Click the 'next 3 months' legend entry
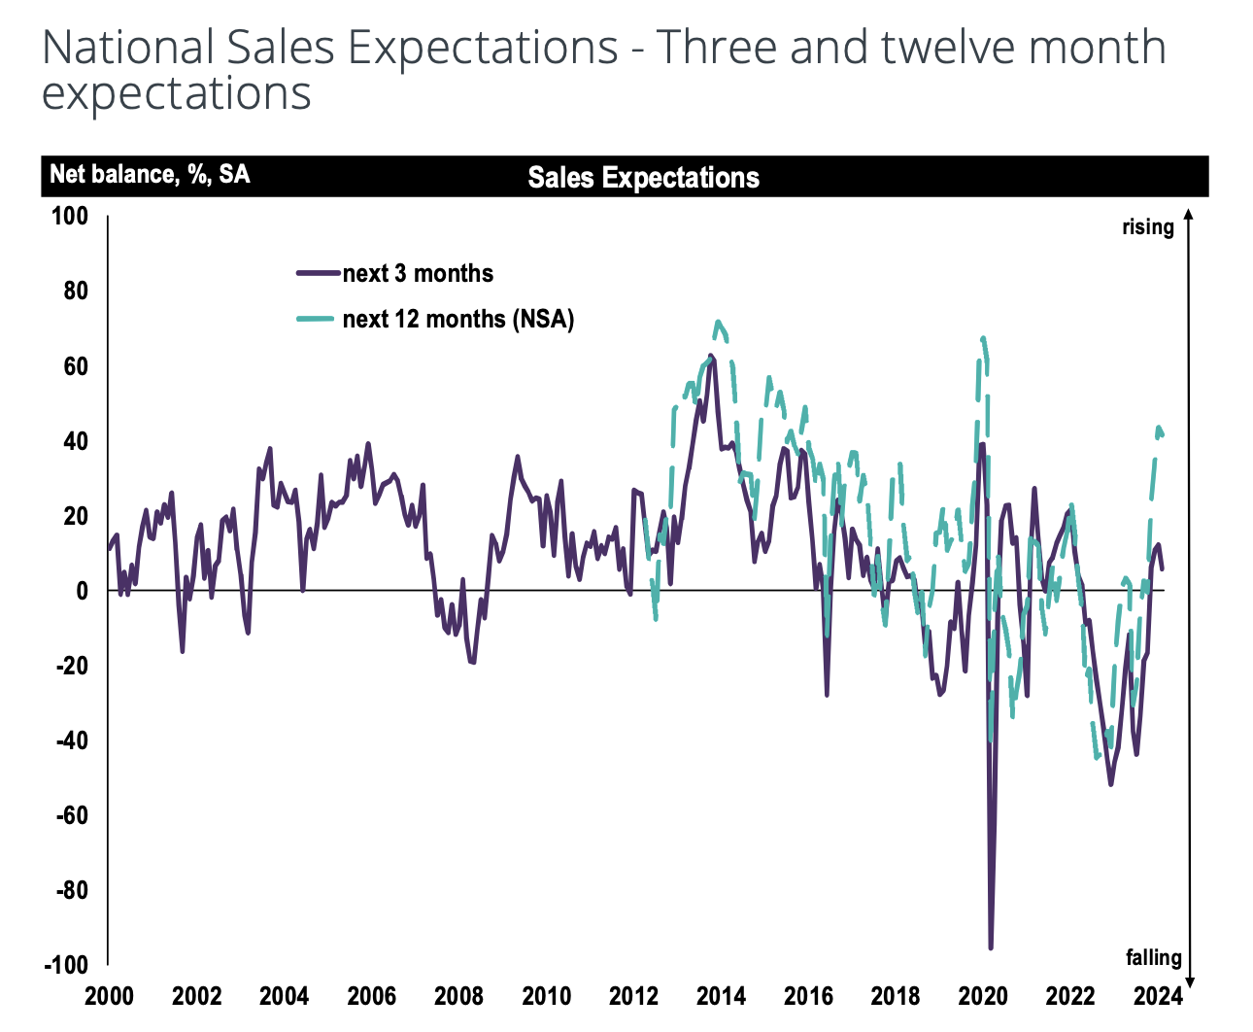pyautogui.click(x=418, y=274)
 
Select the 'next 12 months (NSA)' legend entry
pyautogui.click(x=457, y=319)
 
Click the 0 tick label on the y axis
pyautogui.click(x=82, y=591)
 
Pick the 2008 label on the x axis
pyautogui.click(x=459, y=996)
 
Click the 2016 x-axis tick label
pyautogui.click(x=809, y=996)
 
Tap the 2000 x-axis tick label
pyautogui.click(x=110, y=996)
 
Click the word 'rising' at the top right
pyautogui.click(x=1148, y=227)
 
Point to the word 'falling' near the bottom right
pyautogui.click(x=1154, y=958)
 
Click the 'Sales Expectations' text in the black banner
pyautogui.click(x=643, y=178)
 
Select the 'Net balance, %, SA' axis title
pyautogui.click(x=150, y=175)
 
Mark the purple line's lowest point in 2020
pyautogui.click(x=991, y=947)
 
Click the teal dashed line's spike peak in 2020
pyautogui.click(x=984, y=338)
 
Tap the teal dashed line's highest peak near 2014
pyautogui.click(x=718, y=322)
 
